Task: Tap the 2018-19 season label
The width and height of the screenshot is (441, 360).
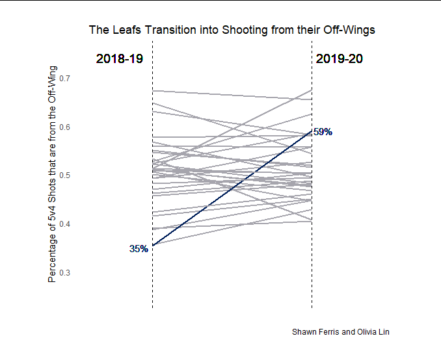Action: [119, 59]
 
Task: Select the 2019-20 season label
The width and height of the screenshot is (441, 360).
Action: [340, 59]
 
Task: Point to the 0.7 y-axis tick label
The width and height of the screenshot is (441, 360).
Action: [65, 78]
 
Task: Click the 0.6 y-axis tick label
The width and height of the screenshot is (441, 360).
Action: [65, 127]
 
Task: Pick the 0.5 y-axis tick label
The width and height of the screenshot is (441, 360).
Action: [65, 175]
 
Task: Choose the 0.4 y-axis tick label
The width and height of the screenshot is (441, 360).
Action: [65, 224]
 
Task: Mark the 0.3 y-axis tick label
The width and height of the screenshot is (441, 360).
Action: [65, 273]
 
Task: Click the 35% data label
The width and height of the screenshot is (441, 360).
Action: [139, 248]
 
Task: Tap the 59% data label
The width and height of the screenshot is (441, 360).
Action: [323, 132]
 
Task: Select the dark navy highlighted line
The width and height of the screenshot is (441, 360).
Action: [232, 188]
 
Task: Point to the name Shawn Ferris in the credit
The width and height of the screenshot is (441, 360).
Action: [315, 331]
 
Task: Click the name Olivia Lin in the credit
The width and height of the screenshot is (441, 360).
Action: [373, 331]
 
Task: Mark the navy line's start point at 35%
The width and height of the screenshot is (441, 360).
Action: [153, 246]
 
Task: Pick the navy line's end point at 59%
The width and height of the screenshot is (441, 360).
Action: [312, 133]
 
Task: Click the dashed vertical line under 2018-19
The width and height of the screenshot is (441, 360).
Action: [153, 286]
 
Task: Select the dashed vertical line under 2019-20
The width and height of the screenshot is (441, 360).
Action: [312, 286]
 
